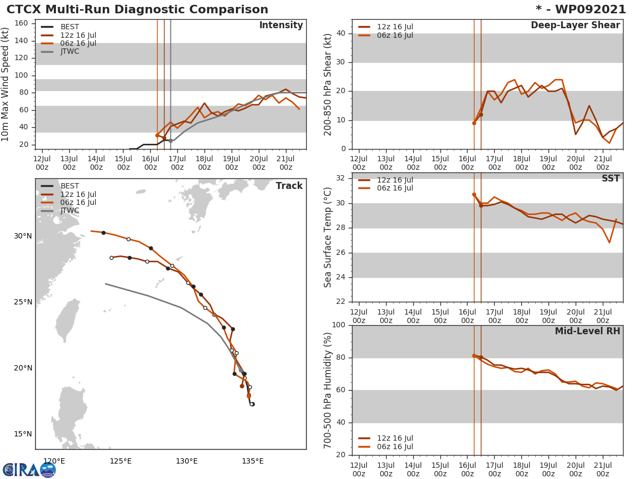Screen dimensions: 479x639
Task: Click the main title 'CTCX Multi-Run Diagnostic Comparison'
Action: point(137,10)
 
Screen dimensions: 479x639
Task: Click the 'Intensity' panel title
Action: point(281,26)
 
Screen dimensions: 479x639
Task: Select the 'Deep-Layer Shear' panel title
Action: point(575,26)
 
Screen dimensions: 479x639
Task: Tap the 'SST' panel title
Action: point(610,179)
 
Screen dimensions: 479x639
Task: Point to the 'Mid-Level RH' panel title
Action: point(587,332)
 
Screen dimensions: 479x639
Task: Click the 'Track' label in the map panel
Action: point(289,186)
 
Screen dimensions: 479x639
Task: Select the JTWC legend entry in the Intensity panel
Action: point(69,52)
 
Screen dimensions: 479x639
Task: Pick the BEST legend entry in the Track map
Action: point(69,186)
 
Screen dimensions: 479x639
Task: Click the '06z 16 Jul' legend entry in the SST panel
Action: point(395,188)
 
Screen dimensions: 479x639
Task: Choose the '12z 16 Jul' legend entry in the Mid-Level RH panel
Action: point(395,439)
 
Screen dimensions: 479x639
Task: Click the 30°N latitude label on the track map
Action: point(22,236)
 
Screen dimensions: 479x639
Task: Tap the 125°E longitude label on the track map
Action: point(120,461)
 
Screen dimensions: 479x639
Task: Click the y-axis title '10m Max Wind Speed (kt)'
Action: point(6,85)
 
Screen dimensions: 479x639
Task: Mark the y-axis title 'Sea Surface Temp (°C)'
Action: point(328,237)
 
